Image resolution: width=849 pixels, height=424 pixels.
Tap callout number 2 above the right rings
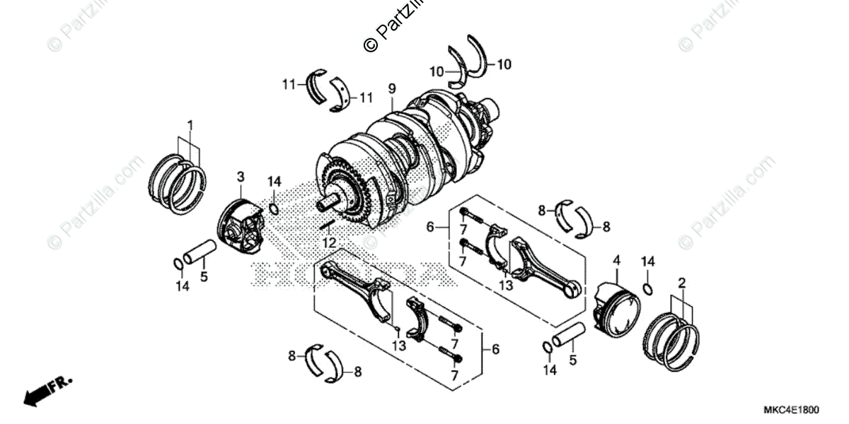point(682,283)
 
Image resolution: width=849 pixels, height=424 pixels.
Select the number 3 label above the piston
point(241,175)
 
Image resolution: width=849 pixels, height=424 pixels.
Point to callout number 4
point(616,261)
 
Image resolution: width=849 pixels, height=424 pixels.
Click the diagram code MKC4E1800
point(791,410)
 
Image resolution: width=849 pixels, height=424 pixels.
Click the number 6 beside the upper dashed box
point(429,227)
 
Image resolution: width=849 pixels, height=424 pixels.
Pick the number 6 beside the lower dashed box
point(495,349)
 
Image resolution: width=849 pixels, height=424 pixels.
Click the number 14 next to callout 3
point(275,182)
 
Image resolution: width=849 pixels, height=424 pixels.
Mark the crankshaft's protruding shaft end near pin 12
point(327,204)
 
